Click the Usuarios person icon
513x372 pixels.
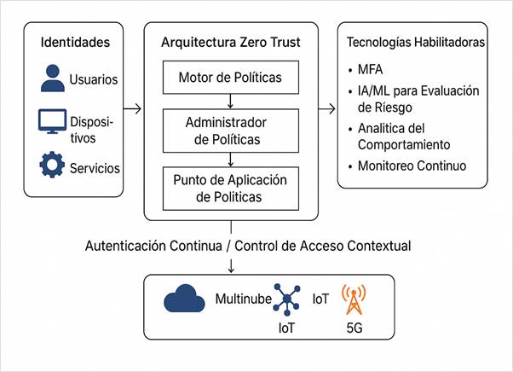[x=54, y=78]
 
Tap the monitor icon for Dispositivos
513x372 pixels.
[x=54, y=123]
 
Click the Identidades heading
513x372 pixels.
[x=76, y=42]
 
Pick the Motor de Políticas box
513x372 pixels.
[x=230, y=78]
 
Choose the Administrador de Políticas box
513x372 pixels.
[x=230, y=131]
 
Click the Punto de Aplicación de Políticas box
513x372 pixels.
[x=230, y=187]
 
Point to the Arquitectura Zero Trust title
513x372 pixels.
[x=230, y=42]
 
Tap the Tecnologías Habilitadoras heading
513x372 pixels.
[x=416, y=42]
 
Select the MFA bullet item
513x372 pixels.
[x=372, y=70]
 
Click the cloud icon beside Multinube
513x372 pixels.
[x=183, y=299]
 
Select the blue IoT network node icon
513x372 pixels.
[x=285, y=299]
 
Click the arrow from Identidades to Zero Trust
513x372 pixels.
[x=133, y=108]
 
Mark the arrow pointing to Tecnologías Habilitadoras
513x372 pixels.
[x=326, y=108]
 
